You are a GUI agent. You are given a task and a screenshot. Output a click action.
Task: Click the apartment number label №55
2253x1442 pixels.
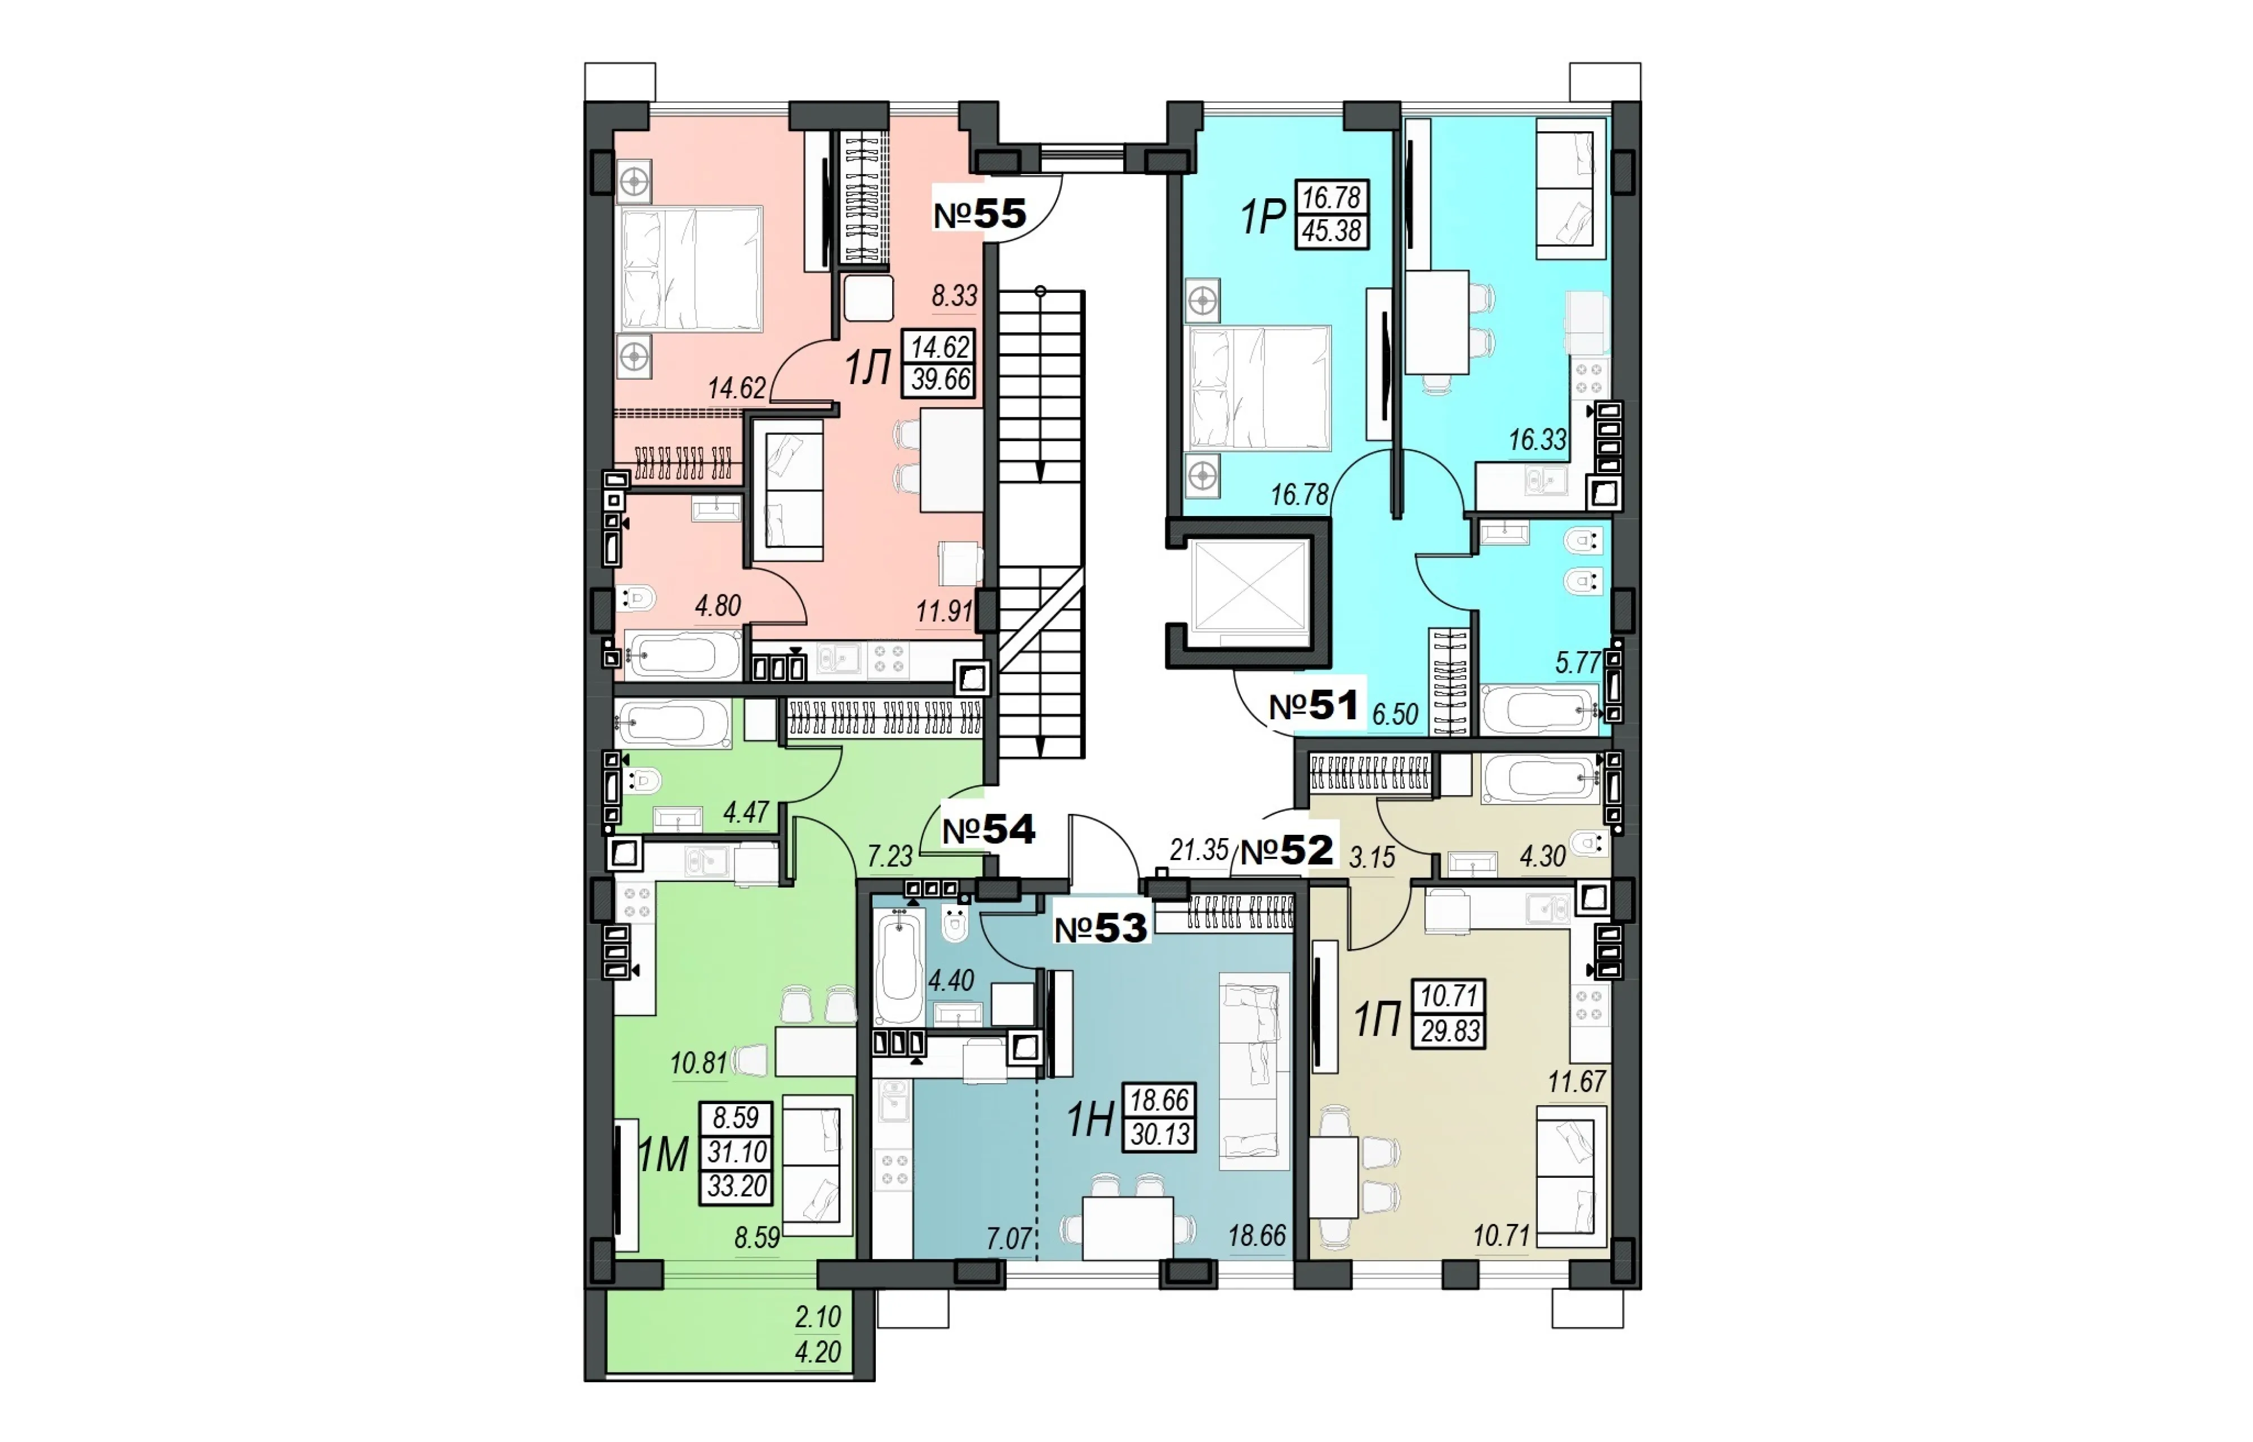980,215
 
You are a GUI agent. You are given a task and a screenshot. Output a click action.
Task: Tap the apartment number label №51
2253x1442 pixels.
1313,706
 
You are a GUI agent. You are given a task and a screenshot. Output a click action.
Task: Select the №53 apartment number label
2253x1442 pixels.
1101,928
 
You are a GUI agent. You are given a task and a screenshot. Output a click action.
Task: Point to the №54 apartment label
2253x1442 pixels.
989,830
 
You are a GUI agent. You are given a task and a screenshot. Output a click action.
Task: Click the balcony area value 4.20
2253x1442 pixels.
818,1352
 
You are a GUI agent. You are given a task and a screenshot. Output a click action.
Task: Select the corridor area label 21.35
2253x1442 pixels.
1198,850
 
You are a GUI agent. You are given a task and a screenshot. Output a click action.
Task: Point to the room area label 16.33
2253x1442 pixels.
1537,439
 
